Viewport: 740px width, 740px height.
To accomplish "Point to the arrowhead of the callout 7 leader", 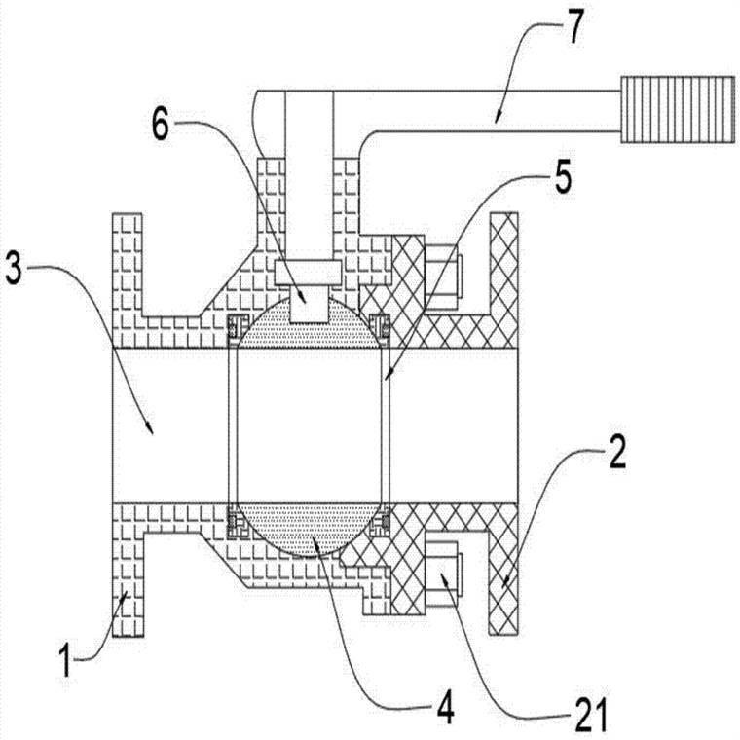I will click(496, 121).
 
